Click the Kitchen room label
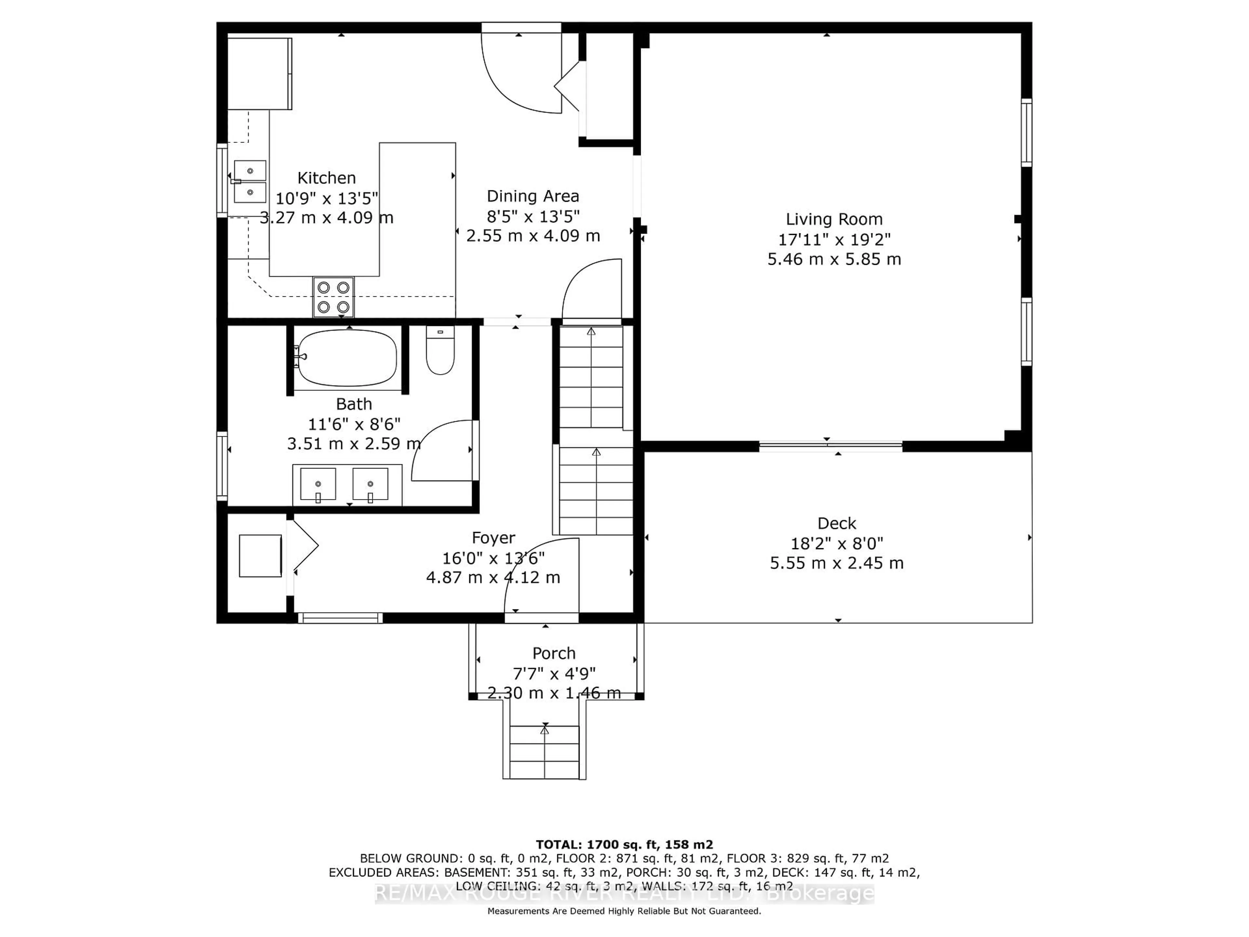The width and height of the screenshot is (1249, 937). pyautogui.click(x=326, y=178)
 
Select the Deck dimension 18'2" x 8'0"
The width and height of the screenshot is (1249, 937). pyautogui.click(x=836, y=543)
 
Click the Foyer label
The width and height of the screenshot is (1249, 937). pyautogui.click(x=493, y=538)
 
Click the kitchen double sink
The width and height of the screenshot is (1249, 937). pyautogui.click(x=249, y=181)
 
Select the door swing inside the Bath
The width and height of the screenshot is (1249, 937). pyautogui.click(x=443, y=452)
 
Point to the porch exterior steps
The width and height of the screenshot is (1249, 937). pyautogui.click(x=544, y=751)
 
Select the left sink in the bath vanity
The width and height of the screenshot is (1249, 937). pyautogui.click(x=318, y=484)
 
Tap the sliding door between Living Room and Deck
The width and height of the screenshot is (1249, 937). pyautogui.click(x=830, y=446)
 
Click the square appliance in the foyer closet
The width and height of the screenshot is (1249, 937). pyautogui.click(x=260, y=556)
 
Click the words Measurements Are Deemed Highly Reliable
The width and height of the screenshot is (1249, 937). pyautogui.click(x=587, y=911)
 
